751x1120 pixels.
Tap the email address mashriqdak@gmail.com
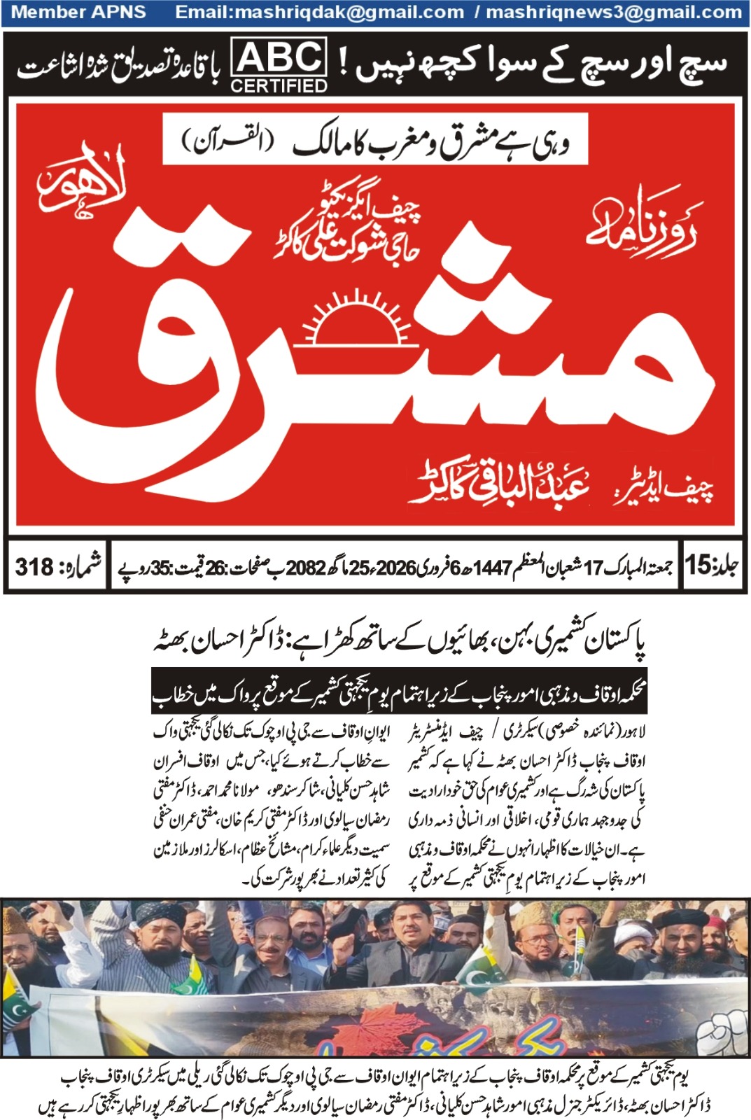(x=319, y=13)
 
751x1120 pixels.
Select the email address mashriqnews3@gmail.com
(x=614, y=13)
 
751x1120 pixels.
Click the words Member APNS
(x=79, y=13)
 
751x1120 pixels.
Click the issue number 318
(x=34, y=567)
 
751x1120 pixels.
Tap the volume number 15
(x=697, y=565)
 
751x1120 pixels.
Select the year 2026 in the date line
(x=397, y=567)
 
